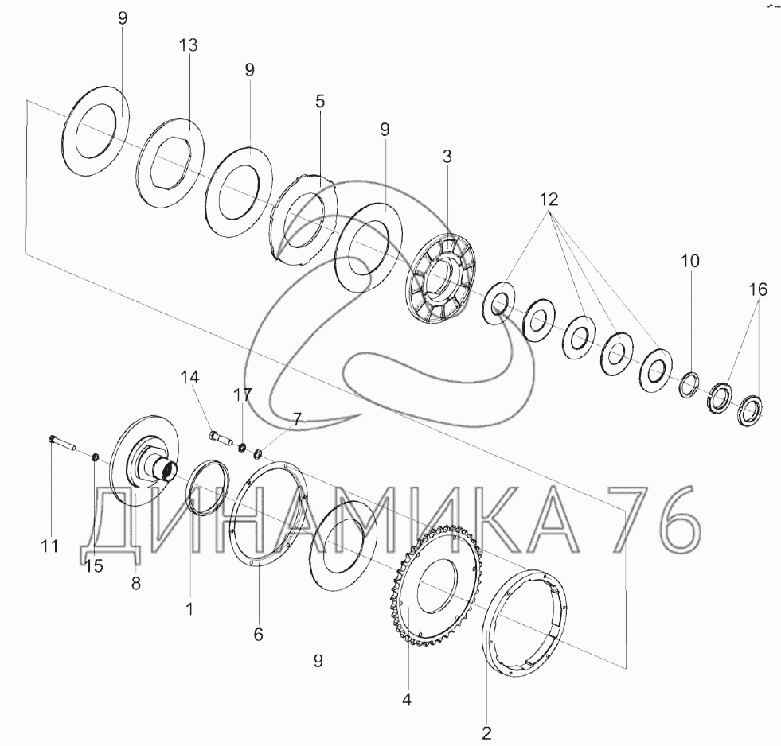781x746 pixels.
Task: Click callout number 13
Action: click(x=189, y=45)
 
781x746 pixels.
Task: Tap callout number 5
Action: click(x=320, y=102)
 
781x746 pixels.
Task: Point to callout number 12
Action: click(x=549, y=200)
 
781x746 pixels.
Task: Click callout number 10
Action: click(x=690, y=261)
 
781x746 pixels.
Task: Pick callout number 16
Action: click(x=758, y=289)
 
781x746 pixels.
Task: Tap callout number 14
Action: click(x=189, y=377)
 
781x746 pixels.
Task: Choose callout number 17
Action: click(x=243, y=395)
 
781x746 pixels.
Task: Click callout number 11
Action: click(x=49, y=546)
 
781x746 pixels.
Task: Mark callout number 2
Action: click(x=486, y=732)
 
